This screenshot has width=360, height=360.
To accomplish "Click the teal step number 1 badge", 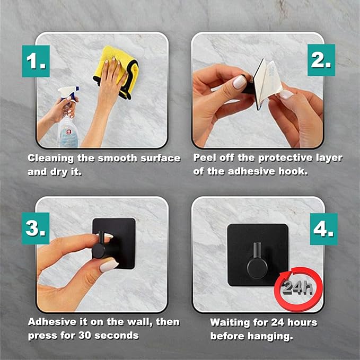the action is click(36, 61).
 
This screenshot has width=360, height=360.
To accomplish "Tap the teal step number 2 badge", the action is click(321, 60).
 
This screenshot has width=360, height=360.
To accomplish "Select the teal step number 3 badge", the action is click(36, 228).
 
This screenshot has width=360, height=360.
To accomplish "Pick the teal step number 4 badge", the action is click(324, 229).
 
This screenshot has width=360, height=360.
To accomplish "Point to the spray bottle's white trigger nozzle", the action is click(68, 92).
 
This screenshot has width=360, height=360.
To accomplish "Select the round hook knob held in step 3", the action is click(99, 251).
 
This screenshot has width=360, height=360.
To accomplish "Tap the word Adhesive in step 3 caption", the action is click(52, 322).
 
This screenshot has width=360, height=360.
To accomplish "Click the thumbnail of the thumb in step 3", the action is click(109, 266).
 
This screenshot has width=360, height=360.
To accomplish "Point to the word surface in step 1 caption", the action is click(161, 159).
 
